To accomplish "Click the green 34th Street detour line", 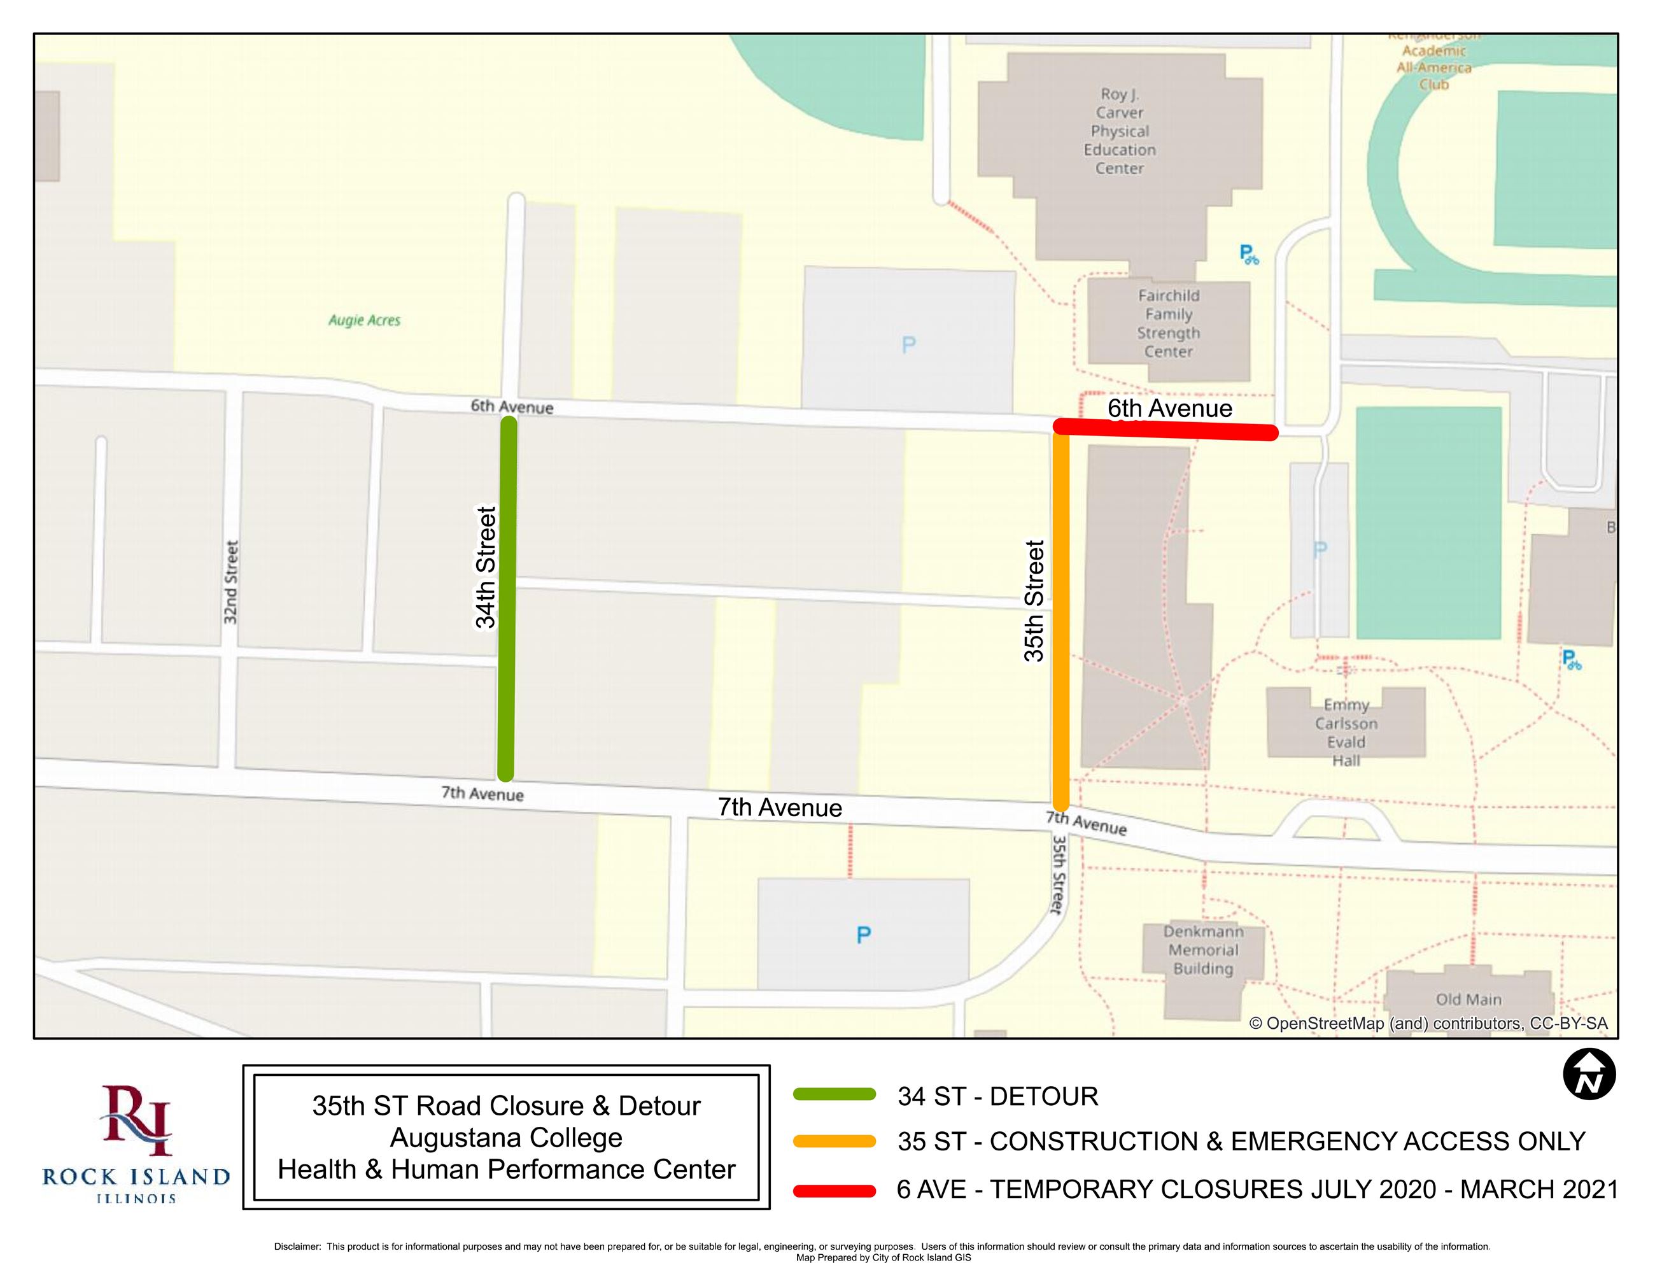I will pos(507,598).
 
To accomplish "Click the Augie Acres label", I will pos(365,320).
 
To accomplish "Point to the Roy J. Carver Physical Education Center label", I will pos(1119,131).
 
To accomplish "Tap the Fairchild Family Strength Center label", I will pos(1169,323).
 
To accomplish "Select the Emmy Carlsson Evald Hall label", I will pos(1346,733).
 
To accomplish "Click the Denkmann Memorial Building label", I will pos(1203,949).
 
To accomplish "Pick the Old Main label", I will pos(1468,1000).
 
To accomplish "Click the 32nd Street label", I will pos(231,582).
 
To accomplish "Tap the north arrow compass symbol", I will pos(1589,1075).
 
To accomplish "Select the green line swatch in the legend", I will pos(835,1094).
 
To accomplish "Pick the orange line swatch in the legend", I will pos(835,1141).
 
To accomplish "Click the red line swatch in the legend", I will pos(835,1191).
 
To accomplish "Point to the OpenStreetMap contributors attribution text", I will pos(1428,1024).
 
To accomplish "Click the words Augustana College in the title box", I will pos(506,1137).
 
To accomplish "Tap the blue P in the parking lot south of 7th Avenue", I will pos(863,935).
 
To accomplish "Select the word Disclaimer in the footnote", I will pos(297,1247).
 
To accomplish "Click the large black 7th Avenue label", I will pos(780,808).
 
